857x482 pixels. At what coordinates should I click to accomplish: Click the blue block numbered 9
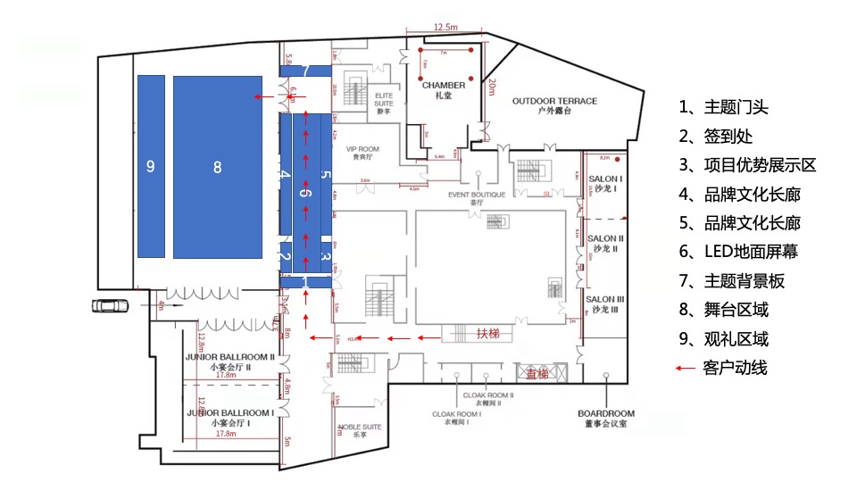click(x=151, y=167)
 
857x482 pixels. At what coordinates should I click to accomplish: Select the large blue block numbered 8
click(x=217, y=167)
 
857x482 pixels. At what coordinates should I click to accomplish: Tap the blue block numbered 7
click(x=305, y=71)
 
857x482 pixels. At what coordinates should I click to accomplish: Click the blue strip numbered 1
click(x=305, y=282)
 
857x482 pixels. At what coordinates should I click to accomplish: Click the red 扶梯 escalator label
click(x=488, y=334)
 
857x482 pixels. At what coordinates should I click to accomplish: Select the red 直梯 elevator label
click(x=536, y=373)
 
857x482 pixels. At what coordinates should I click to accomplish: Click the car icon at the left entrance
click(x=109, y=306)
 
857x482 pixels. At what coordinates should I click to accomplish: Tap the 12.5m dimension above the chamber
click(x=445, y=28)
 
